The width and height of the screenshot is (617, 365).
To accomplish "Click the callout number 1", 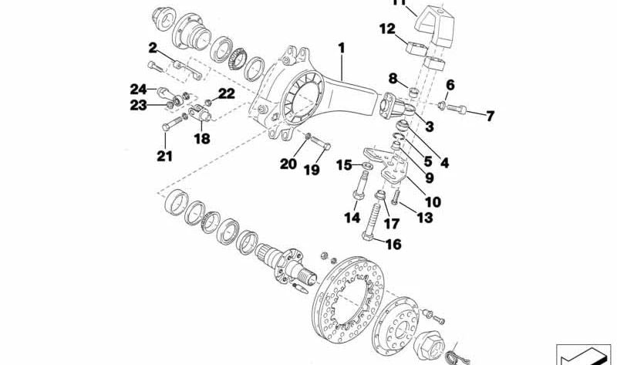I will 340,48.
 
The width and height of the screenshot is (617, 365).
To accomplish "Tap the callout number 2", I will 153,47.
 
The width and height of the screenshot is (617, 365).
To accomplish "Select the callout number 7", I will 490,117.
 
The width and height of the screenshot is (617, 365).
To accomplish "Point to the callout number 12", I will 386,29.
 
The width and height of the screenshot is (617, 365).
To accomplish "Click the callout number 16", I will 393,245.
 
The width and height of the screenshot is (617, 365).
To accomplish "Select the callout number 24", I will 138,89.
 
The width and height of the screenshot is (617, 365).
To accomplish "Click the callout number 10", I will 433,202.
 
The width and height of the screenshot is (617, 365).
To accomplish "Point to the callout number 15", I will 344,164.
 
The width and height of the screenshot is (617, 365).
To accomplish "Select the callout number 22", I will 226,93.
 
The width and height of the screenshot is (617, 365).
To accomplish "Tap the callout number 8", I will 393,78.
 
